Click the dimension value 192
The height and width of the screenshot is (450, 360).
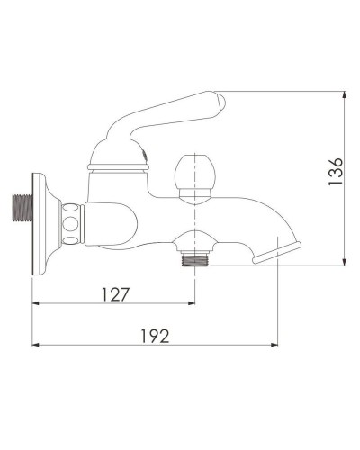coord(156,335)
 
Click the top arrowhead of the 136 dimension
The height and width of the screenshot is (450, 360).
coord(344,94)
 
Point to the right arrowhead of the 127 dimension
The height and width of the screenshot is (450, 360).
coord(191,303)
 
